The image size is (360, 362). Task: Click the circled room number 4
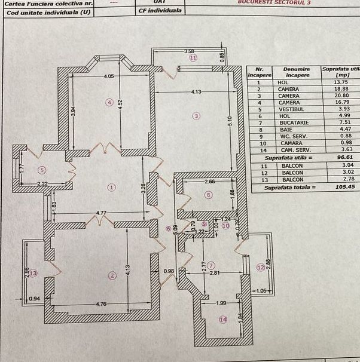click(x=109, y=102)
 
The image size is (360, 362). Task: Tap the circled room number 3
click(x=194, y=115)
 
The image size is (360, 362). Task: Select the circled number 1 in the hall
click(x=111, y=187)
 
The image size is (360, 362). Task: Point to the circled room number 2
click(x=111, y=275)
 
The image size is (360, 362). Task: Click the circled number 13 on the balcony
click(x=33, y=273)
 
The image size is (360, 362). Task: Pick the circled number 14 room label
click(x=223, y=320)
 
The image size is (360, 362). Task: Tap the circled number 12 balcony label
click(x=260, y=268)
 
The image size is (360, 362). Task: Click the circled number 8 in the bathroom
click(x=208, y=195)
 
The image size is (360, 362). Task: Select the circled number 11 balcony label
click(x=193, y=58)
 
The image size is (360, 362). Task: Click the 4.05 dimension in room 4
click(x=108, y=76)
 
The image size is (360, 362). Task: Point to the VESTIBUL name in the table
click(x=292, y=109)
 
